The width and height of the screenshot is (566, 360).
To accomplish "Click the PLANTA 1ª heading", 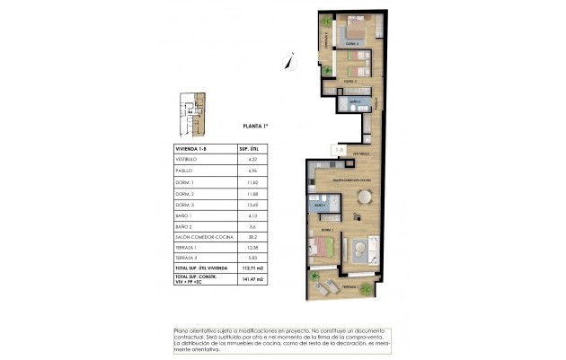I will click(257, 127).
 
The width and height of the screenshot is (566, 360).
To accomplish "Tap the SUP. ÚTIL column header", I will click(248, 147).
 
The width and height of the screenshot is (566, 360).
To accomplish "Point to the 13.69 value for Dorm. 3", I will click(248, 203).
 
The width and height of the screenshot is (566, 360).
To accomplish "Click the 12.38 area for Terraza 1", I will click(248, 247).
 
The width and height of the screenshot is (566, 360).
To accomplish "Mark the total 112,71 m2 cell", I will click(248, 268).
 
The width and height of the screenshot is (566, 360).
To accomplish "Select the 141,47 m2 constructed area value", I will click(248, 280).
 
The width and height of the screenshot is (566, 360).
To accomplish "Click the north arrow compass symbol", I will click(287, 61).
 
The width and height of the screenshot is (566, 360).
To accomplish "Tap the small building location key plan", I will click(190, 109).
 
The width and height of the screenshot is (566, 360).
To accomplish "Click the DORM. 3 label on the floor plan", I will click(349, 43).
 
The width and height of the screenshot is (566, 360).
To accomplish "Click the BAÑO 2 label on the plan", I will click(354, 103).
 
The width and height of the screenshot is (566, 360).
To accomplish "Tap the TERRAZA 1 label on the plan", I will click(349, 286).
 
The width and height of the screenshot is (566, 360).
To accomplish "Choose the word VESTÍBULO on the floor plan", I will click(361, 155).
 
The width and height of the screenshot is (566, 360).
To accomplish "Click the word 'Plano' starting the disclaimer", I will click(182, 330).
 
